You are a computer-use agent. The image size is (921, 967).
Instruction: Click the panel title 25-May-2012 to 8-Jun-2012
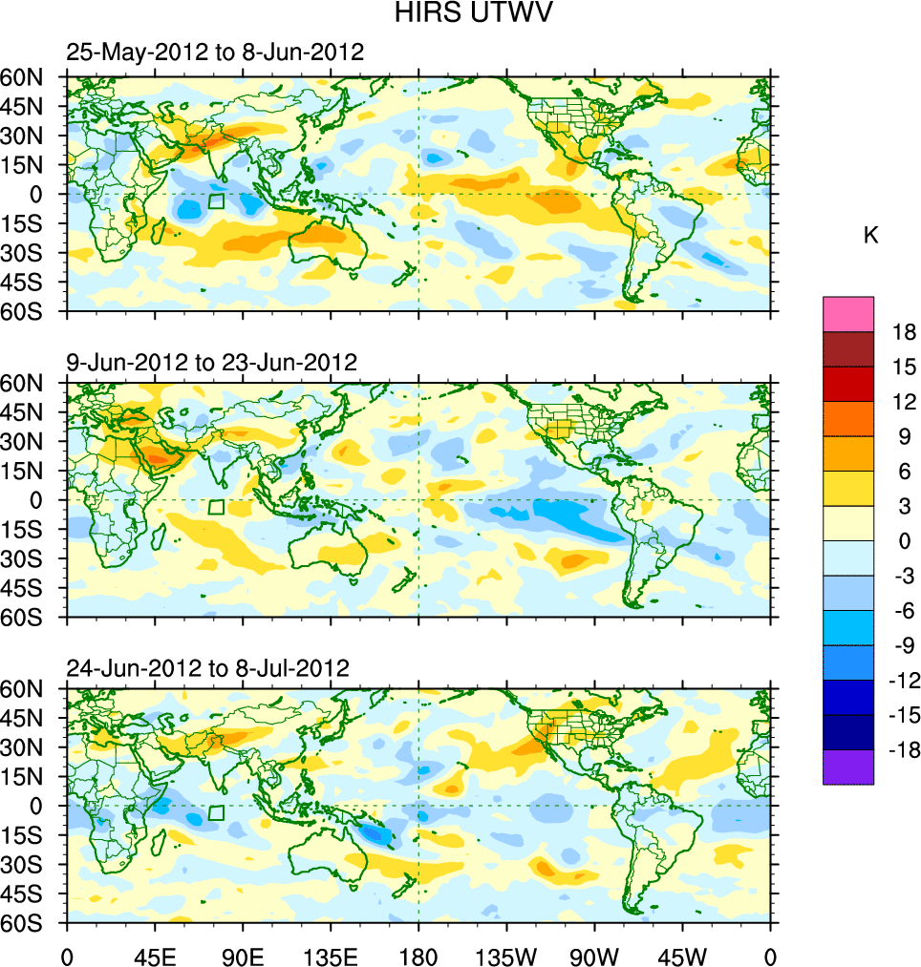215,53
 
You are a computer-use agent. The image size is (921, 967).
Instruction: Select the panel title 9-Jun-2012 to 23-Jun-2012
211,363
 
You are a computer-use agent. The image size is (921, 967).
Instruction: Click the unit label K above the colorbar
870,236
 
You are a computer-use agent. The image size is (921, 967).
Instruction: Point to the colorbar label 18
904,332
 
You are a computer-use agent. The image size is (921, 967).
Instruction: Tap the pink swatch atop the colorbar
848,313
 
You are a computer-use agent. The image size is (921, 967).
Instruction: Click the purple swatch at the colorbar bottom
848,767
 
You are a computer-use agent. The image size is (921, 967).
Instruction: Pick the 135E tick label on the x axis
331,955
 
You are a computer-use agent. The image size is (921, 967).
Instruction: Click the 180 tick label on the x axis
418,955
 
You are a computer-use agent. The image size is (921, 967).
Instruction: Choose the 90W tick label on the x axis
594,955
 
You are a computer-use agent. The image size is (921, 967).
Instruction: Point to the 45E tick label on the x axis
155,955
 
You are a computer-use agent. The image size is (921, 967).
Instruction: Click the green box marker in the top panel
216,200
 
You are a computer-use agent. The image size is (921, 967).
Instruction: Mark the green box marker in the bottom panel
216,812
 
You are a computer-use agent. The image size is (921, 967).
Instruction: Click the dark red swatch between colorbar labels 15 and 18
848,348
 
